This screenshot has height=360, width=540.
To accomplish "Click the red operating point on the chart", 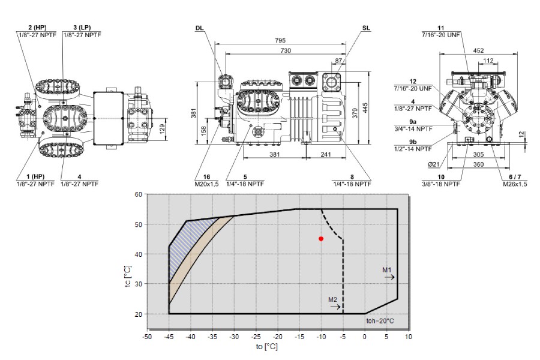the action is (x=321, y=238).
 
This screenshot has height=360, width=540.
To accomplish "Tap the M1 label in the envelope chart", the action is (x=387, y=269).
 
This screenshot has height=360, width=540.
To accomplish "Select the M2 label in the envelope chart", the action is (x=332, y=299).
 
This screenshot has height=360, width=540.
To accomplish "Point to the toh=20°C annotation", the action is (x=380, y=321).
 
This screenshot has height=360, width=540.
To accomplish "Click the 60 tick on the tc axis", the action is (x=138, y=194).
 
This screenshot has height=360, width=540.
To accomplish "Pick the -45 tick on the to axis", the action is (x=169, y=337).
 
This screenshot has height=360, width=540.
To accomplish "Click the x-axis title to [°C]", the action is (x=266, y=347).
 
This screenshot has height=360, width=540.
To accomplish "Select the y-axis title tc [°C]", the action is (x=128, y=276).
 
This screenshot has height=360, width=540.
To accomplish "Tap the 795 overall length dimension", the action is (x=280, y=40).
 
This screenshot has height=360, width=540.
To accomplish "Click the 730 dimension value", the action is (x=286, y=50).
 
